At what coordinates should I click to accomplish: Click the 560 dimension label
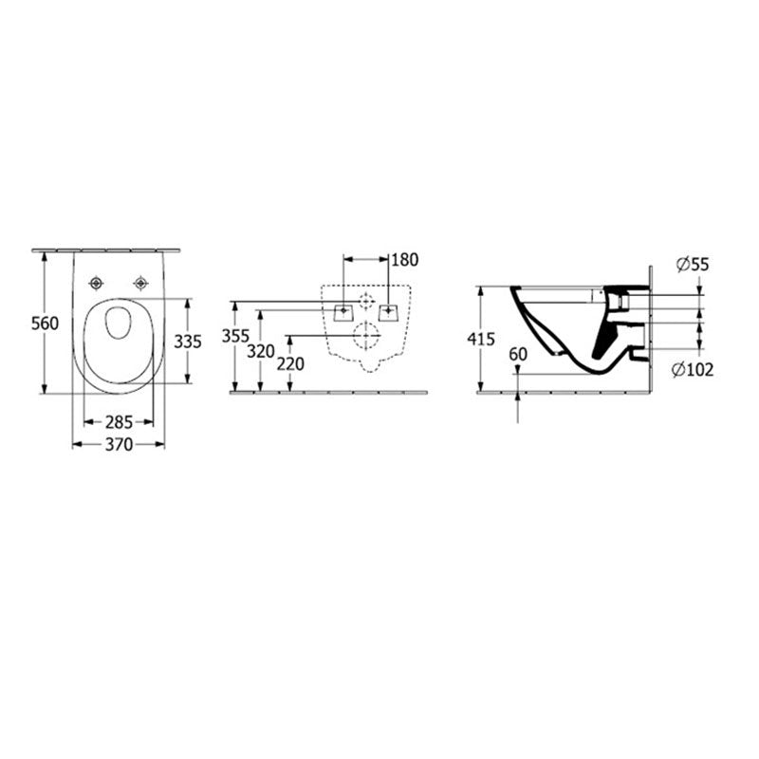(45, 324)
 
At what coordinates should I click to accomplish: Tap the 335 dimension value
(188, 342)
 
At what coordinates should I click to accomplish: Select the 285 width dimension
(119, 422)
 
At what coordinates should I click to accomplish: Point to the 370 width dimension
(119, 444)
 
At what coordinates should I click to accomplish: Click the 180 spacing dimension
(405, 260)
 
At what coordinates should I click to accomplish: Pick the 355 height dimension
(235, 336)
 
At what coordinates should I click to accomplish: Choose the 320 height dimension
(261, 351)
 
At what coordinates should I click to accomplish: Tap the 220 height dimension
(290, 364)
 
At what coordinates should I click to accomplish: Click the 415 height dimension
(481, 340)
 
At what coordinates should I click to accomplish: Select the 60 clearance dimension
(518, 354)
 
